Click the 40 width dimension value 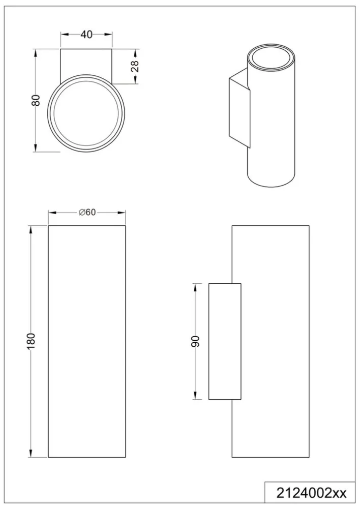click(x=86, y=34)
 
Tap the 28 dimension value click(x=135, y=67)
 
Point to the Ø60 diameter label click(x=87, y=212)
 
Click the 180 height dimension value click(x=31, y=341)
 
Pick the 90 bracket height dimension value click(x=195, y=341)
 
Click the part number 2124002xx click(x=311, y=493)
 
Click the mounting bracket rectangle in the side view click(x=225, y=341)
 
